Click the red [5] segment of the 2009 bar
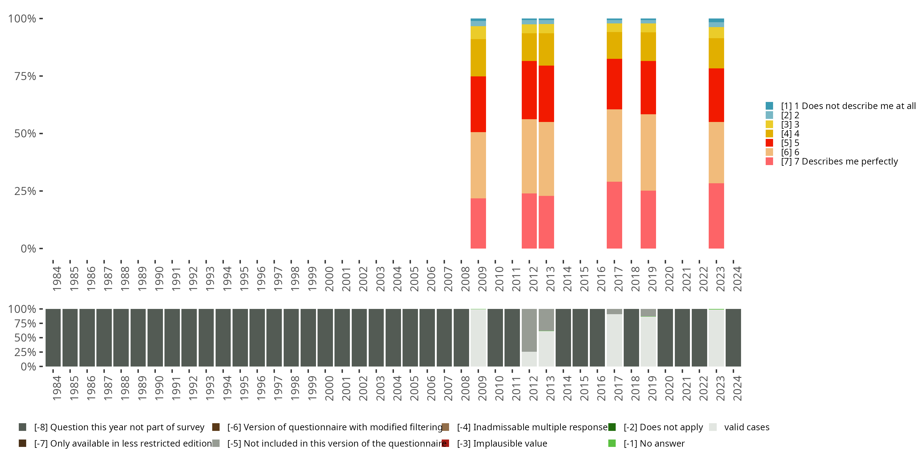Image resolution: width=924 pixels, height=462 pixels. tap(478, 104)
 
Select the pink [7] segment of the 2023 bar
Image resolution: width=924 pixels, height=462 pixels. tap(716, 216)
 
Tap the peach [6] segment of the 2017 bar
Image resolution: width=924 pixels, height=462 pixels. tap(614, 146)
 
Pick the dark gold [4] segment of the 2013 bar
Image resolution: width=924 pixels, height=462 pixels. tap(546, 50)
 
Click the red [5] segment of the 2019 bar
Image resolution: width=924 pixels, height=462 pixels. tap(648, 87)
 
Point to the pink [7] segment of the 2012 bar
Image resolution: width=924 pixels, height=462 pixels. tap(529, 221)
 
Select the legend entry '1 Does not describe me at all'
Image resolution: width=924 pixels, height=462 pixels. tap(841, 106)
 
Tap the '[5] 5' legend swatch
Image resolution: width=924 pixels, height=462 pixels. tap(769, 143)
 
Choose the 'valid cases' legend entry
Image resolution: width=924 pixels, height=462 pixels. tap(739, 427)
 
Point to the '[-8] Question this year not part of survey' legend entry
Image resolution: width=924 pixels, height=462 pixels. tap(111, 427)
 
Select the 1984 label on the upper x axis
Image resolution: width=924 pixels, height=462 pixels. tap(57, 278)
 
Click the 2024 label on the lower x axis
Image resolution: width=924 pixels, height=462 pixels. tap(737, 388)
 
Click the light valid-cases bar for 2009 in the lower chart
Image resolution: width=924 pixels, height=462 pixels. tap(478, 338)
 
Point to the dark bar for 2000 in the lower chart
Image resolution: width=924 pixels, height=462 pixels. tap(325, 338)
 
